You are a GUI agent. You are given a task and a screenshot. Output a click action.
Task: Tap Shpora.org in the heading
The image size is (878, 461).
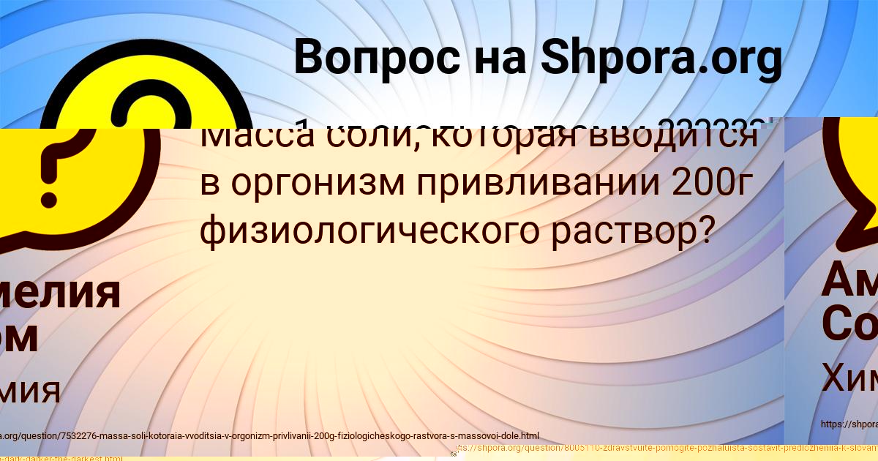661,58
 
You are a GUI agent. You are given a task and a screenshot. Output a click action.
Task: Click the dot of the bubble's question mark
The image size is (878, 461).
50,198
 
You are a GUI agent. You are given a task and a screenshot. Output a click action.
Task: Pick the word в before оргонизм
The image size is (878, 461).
209,184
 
